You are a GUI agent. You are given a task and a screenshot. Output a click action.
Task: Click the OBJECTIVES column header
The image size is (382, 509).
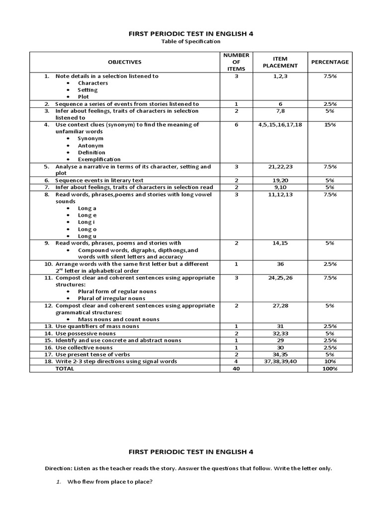125,62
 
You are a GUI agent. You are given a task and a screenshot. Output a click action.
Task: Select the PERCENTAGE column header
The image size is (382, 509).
330,62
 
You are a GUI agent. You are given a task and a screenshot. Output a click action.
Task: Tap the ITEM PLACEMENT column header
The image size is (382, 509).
280,62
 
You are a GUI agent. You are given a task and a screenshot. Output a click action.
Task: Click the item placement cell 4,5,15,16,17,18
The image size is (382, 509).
280,125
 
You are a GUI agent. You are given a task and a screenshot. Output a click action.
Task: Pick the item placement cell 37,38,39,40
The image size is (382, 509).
280,361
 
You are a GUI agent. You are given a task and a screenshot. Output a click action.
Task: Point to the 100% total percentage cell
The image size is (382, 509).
330,368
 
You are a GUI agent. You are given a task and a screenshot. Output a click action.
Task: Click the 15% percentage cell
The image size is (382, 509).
330,125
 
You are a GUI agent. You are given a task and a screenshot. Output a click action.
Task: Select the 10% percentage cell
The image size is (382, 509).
330,361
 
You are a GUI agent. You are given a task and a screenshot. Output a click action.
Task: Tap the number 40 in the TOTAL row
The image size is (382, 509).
236,368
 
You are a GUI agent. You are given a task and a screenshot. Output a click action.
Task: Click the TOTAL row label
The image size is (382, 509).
65,368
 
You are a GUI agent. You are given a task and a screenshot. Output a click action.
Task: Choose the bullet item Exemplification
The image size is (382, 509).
99,159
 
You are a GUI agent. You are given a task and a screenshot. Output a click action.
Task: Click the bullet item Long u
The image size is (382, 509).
87,236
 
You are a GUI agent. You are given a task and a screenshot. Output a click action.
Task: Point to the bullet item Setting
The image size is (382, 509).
88,90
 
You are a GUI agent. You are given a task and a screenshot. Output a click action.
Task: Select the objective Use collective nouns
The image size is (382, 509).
84,347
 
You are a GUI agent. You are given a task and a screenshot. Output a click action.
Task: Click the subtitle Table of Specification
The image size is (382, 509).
191,42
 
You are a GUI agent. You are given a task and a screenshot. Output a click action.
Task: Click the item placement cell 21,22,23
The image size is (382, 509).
280,167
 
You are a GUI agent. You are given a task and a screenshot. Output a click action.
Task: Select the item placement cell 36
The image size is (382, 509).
280,264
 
